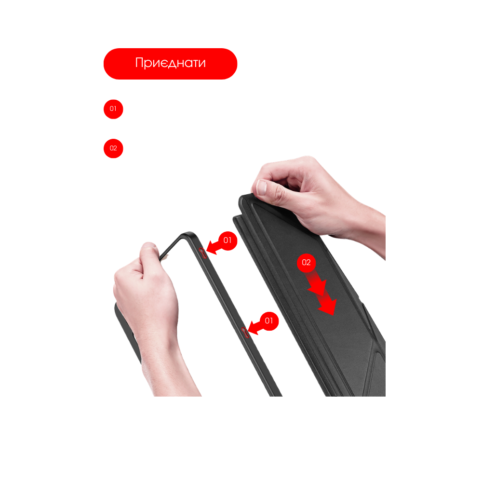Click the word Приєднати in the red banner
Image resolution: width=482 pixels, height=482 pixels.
pos(170,63)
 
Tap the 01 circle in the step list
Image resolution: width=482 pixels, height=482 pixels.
pos(113,109)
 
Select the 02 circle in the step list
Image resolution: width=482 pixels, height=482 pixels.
pos(113,148)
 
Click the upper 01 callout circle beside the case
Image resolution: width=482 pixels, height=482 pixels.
pos(228,241)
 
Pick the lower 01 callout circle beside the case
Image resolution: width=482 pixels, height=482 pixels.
pos(269,321)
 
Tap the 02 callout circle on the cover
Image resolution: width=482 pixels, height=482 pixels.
pos(306,263)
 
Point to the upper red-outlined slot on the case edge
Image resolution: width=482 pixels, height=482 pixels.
pos(202,253)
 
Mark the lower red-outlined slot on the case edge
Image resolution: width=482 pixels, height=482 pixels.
pos(245,333)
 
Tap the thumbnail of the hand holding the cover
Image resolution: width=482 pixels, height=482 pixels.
pos(262,187)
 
